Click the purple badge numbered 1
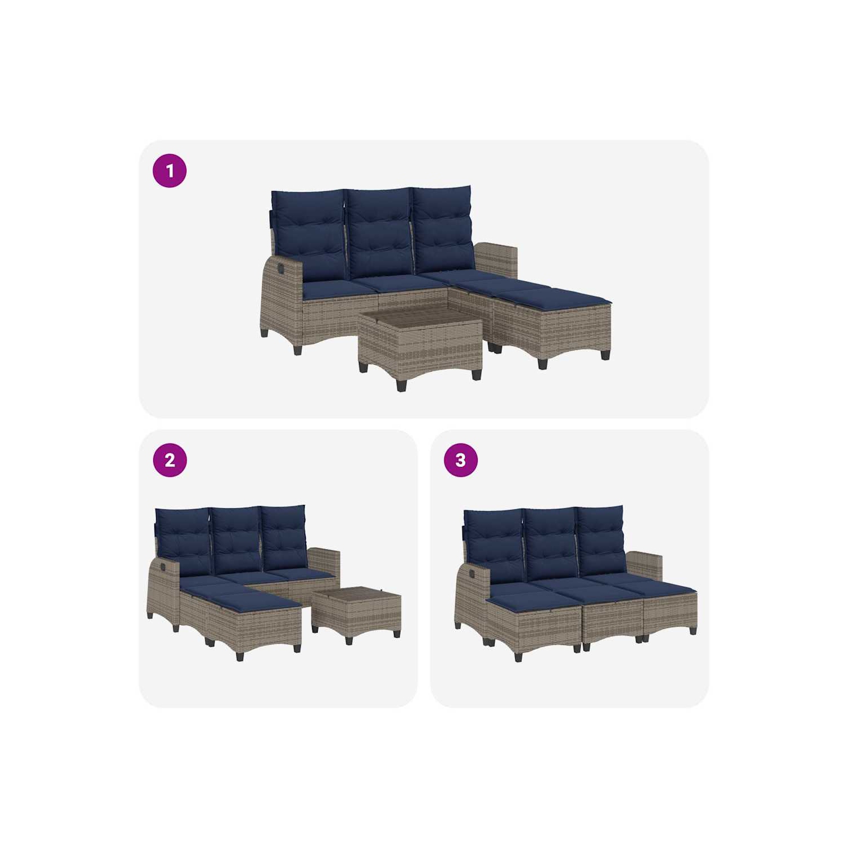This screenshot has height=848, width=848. [x=170, y=171]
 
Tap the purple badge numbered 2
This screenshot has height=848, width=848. [x=170, y=460]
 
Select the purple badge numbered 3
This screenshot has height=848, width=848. [x=461, y=460]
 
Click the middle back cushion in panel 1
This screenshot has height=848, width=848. [x=379, y=233]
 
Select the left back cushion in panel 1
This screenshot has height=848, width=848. [x=309, y=235]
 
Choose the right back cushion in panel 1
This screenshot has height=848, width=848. [x=443, y=229]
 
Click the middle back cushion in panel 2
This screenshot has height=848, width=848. [x=236, y=540]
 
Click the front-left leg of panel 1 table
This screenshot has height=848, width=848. [x=401, y=385]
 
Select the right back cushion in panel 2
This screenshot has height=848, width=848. [x=284, y=537]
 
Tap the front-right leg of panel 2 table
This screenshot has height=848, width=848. [x=397, y=633]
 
